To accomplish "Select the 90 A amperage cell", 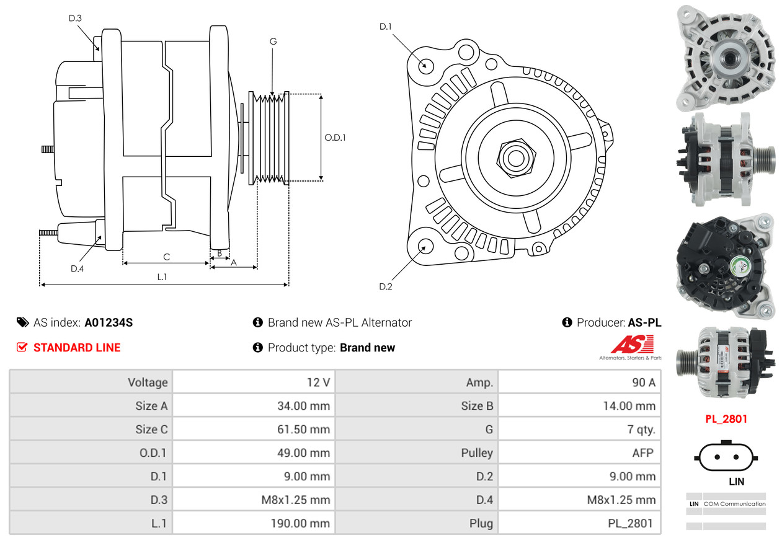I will [x=642, y=382].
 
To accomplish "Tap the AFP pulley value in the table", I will [x=642, y=453].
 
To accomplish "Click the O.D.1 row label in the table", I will [x=151, y=453].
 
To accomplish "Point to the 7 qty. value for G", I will [x=641, y=430].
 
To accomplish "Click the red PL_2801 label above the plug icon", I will [x=726, y=419].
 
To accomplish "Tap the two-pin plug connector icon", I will [x=726, y=457].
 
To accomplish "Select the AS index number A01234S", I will [x=109, y=322].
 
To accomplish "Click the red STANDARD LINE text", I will [x=77, y=348].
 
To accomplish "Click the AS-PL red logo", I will [x=632, y=345].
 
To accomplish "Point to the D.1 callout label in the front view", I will [x=386, y=27].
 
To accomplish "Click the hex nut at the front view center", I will [x=514, y=157].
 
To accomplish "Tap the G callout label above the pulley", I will [x=273, y=42].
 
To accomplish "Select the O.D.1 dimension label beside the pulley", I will [x=335, y=138].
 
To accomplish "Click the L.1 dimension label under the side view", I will [x=162, y=277].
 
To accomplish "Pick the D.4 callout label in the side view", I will [x=77, y=268].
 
